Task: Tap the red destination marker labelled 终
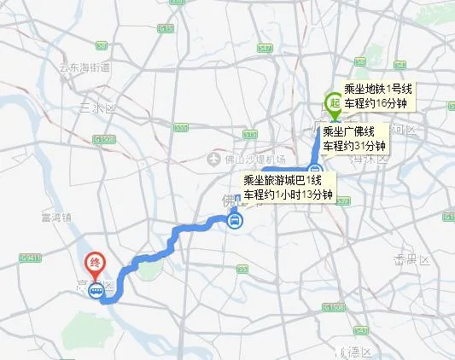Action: click(x=93, y=266)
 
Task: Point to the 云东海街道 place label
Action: click(x=82, y=67)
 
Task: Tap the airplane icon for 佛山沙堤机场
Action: click(x=215, y=160)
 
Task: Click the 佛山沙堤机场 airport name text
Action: click(x=254, y=160)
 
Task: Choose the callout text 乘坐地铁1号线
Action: click(x=377, y=88)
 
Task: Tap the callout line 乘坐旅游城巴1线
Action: click(x=283, y=180)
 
